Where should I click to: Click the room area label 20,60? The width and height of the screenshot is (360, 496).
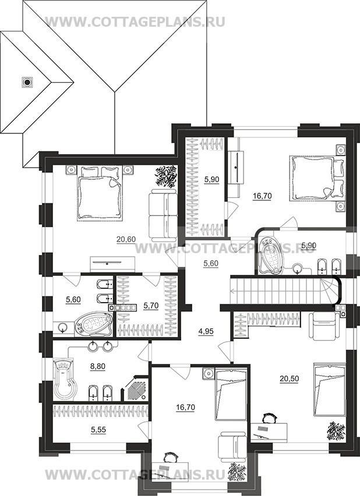click(x=126, y=240)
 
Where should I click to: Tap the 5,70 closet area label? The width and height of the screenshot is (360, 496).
click(x=151, y=306)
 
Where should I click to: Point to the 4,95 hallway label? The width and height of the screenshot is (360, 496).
click(x=206, y=331)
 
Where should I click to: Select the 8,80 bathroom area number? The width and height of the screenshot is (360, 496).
click(x=97, y=367)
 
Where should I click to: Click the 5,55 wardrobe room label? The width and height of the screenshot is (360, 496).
click(x=98, y=430)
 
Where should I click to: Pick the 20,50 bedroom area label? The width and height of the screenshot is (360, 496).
click(x=290, y=378)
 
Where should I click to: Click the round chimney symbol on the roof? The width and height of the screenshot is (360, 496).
click(x=27, y=83)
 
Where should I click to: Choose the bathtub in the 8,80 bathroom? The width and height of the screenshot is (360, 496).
click(x=65, y=379)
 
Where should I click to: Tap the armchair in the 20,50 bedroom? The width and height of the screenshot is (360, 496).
click(x=324, y=327)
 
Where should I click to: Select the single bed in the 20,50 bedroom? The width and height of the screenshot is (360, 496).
click(x=329, y=389)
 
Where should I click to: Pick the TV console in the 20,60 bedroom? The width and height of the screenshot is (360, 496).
click(x=113, y=264)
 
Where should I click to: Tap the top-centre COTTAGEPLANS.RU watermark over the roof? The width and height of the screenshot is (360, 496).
click(x=135, y=22)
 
